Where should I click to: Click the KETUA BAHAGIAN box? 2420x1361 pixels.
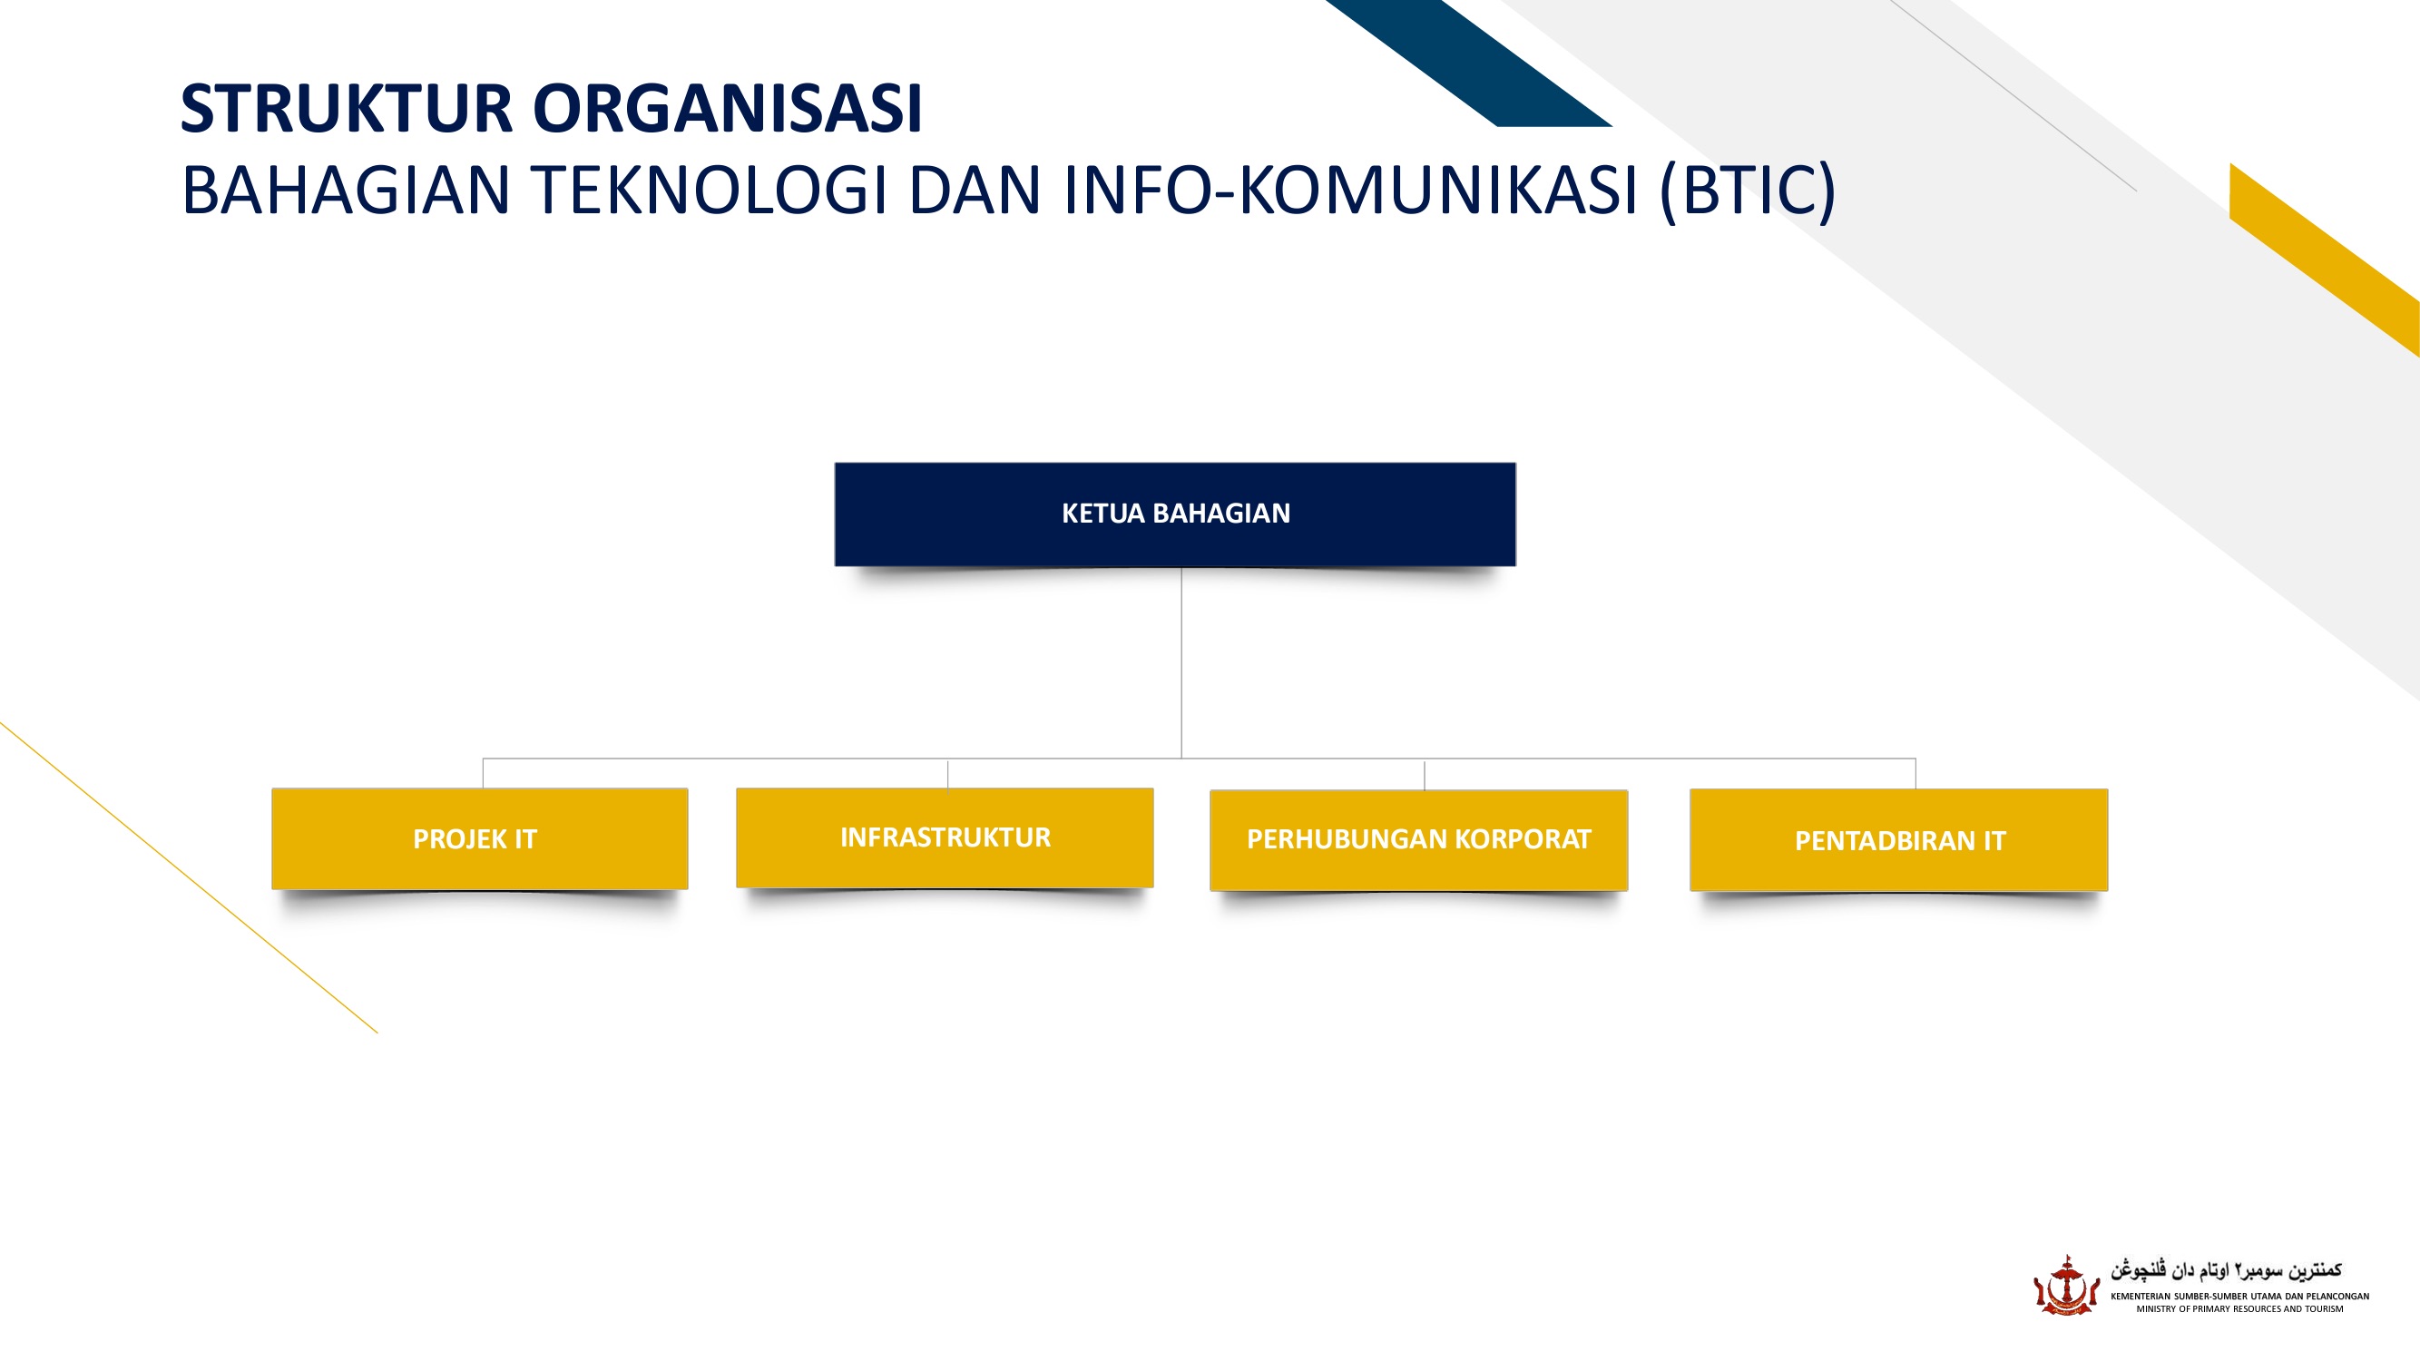1174,514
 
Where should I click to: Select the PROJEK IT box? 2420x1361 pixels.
479,838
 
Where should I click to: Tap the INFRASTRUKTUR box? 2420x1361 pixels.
945,837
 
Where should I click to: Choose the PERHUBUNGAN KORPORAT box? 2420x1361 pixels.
1418,839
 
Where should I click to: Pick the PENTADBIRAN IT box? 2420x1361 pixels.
1898,841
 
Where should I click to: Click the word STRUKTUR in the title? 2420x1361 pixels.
346,109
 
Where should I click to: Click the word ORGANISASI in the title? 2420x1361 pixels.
728,109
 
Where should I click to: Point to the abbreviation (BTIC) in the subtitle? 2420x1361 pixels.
1747,191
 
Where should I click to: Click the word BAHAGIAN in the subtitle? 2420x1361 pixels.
345,191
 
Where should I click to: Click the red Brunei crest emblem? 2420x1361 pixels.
2065,1286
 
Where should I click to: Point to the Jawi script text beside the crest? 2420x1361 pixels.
2226,1270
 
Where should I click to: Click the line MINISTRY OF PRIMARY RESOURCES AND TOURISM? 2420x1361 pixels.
2239,1308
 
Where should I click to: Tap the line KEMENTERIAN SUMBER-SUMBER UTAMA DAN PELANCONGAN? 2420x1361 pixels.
2239,1297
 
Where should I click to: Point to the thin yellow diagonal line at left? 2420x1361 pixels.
188,877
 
